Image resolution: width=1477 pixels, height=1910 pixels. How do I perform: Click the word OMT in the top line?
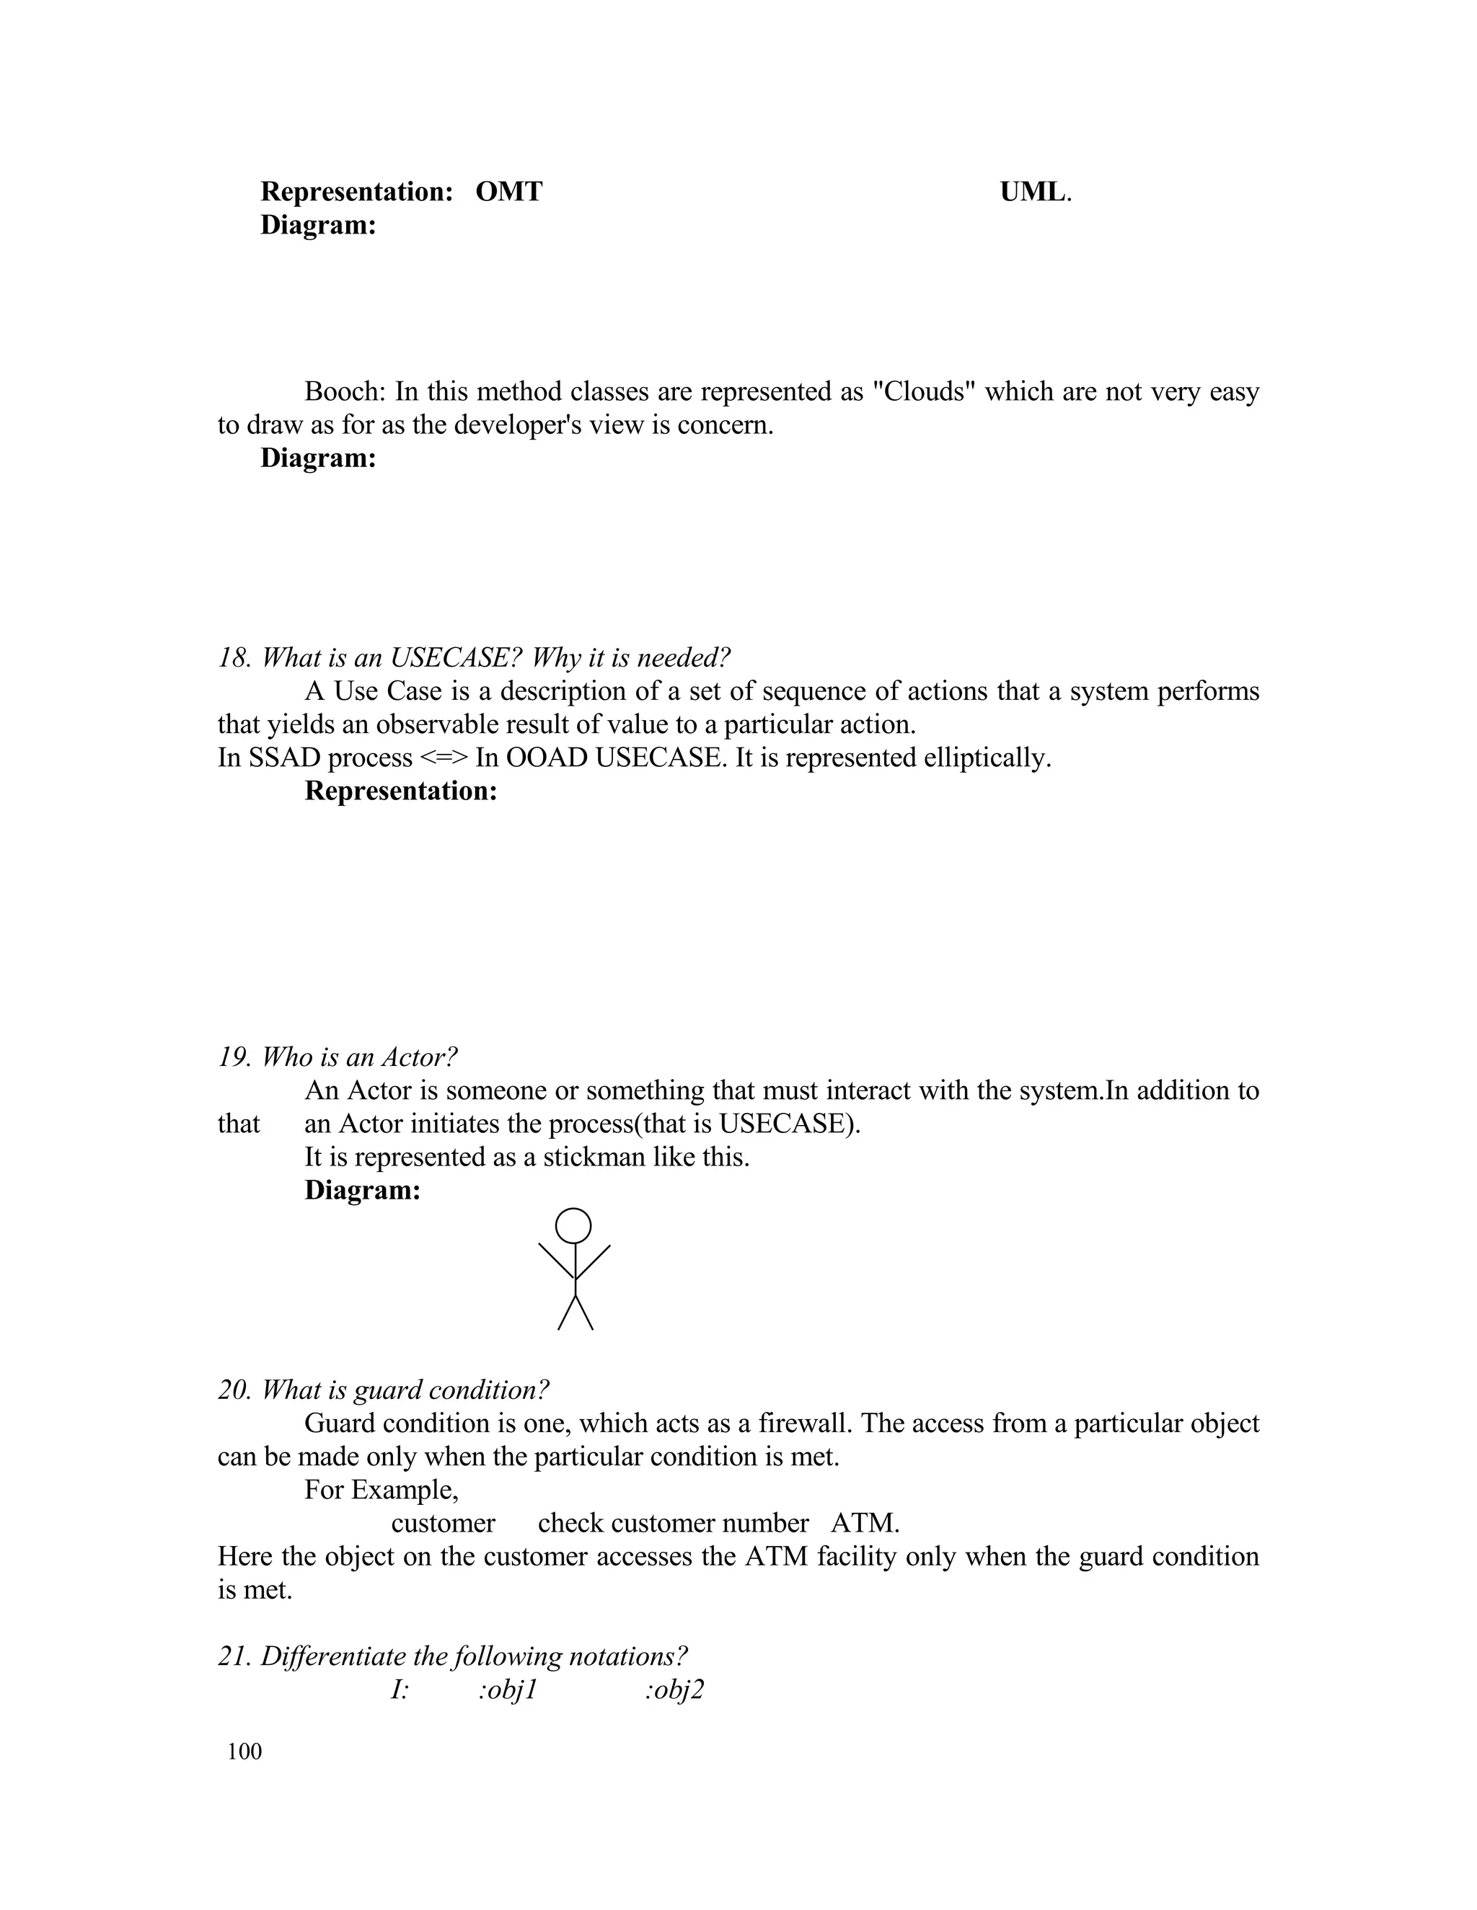click(x=508, y=192)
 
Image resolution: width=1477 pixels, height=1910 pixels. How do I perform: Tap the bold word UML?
click(x=1033, y=192)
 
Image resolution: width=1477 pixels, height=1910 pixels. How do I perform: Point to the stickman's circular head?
click(x=574, y=1225)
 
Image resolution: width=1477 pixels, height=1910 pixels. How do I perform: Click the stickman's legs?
click(x=576, y=1312)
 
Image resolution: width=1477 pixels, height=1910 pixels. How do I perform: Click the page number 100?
click(x=244, y=1751)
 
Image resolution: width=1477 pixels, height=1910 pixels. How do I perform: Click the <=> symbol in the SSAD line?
click(x=444, y=758)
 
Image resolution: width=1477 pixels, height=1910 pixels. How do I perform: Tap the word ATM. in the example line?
click(x=865, y=1522)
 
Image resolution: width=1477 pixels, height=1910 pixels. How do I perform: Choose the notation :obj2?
click(x=674, y=1689)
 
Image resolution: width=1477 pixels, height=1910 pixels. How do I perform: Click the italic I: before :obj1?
click(x=400, y=1689)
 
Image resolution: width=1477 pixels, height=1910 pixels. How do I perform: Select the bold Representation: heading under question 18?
click(x=401, y=791)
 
